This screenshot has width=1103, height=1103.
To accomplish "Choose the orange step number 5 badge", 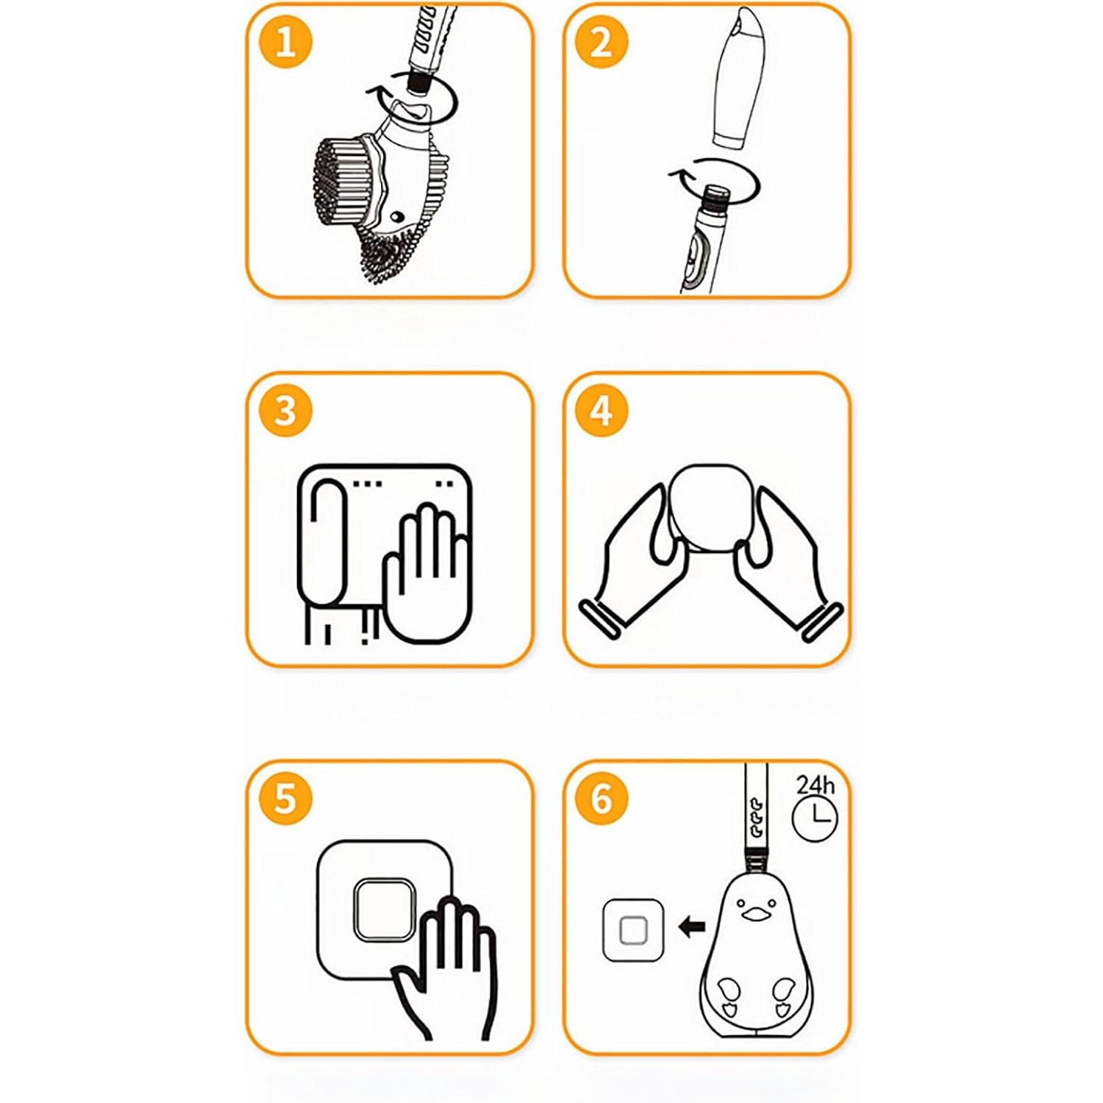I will coord(285,799).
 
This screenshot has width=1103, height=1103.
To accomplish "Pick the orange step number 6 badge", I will coord(602,799).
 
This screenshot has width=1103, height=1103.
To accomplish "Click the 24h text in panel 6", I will coord(815,785).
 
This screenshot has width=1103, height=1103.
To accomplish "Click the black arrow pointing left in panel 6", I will coord(692,927).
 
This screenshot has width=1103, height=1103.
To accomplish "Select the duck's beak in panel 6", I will coord(753,914).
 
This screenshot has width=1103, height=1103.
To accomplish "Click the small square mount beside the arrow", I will coord(633,930).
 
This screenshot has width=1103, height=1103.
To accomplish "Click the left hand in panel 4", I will coord(636,559).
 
